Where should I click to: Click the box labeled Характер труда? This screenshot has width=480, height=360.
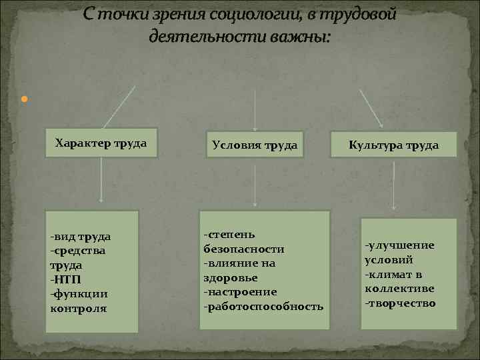coord(101,143)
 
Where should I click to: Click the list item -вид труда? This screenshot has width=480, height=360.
coord(80,236)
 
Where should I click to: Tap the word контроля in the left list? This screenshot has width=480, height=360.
coord(78,308)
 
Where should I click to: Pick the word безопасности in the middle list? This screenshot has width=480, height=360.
coord(243,249)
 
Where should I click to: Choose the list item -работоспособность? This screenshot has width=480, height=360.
coord(263,307)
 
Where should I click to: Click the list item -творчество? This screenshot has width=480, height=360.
coord(400,303)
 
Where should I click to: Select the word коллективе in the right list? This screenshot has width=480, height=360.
coord(399,289)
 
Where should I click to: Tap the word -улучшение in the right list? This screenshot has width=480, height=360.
coord(399,245)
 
